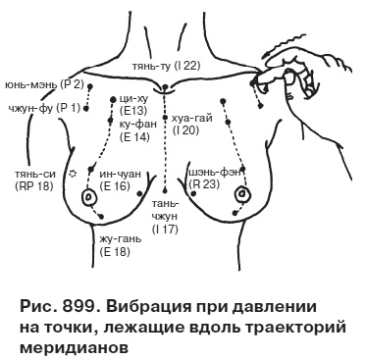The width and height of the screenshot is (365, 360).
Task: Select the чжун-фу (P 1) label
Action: (x=43, y=107)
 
